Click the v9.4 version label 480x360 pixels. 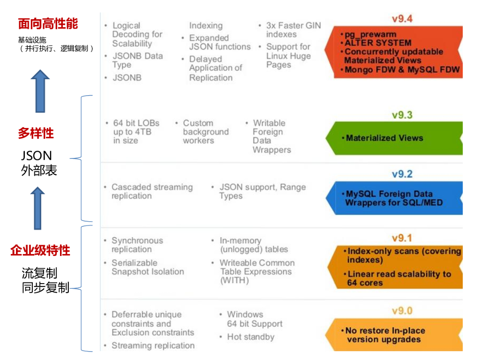pyautogui.click(x=402, y=19)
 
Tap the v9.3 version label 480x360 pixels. pyautogui.click(x=402, y=115)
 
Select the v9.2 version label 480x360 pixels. pyautogui.click(x=402, y=174)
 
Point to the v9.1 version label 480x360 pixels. pyautogui.click(x=402, y=238)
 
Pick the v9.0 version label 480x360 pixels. pyautogui.click(x=402, y=311)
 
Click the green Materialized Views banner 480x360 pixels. pyautogui.click(x=394, y=138)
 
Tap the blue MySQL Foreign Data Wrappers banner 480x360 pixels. pyautogui.click(x=394, y=198)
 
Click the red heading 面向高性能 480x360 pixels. pyautogui.click(x=48, y=23)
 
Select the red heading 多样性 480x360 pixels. pyautogui.click(x=36, y=133)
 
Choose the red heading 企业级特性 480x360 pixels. pyautogui.click(x=40, y=250)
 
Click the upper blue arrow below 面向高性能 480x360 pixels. pyautogui.click(x=40, y=91)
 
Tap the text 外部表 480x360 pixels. pyautogui.click(x=39, y=171)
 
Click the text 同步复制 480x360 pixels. pyautogui.click(x=45, y=287)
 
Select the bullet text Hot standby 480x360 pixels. pyautogui.click(x=250, y=337)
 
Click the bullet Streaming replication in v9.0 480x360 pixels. pyautogui.click(x=153, y=346)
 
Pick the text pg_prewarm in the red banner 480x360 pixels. pyautogui.click(x=370, y=35)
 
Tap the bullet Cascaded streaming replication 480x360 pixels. pyautogui.click(x=151, y=191)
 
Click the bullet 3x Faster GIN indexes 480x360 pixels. pyautogui.click(x=293, y=30)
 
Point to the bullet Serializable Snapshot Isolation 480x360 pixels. pyautogui.click(x=147, y=267)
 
